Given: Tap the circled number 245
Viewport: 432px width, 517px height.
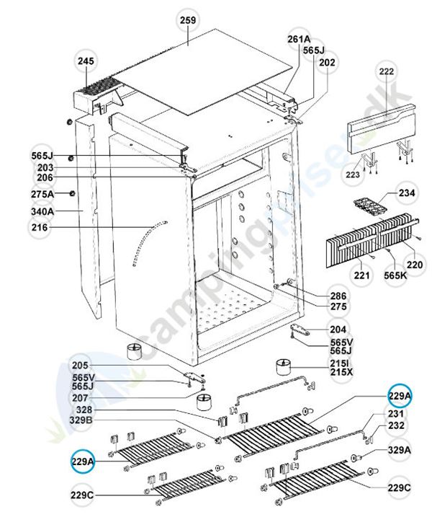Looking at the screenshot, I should coord(86,63).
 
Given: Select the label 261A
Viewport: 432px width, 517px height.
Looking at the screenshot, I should coord(298,38).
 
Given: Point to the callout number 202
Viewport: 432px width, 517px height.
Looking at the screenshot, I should coord(327,63).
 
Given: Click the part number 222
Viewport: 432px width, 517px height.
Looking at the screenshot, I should coord(387,73).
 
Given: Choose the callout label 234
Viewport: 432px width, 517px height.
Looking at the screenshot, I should coord(408,193).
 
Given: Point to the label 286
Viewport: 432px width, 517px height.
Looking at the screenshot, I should coord(338,296).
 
